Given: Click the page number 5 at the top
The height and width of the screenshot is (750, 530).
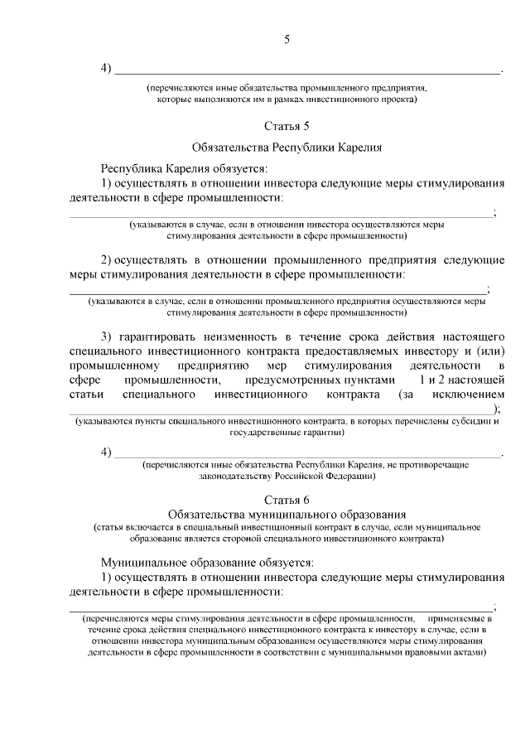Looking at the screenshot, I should click(x=287, y=39).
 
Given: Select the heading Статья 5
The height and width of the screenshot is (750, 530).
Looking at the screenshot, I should click(x=287, y=127).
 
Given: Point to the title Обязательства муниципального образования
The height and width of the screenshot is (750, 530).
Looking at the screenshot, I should click(x=287, y=514).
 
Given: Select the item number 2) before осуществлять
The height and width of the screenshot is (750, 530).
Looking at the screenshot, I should click(x=107, y=259).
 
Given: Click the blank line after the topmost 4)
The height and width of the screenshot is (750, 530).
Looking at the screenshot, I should click(x=306, y=71).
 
